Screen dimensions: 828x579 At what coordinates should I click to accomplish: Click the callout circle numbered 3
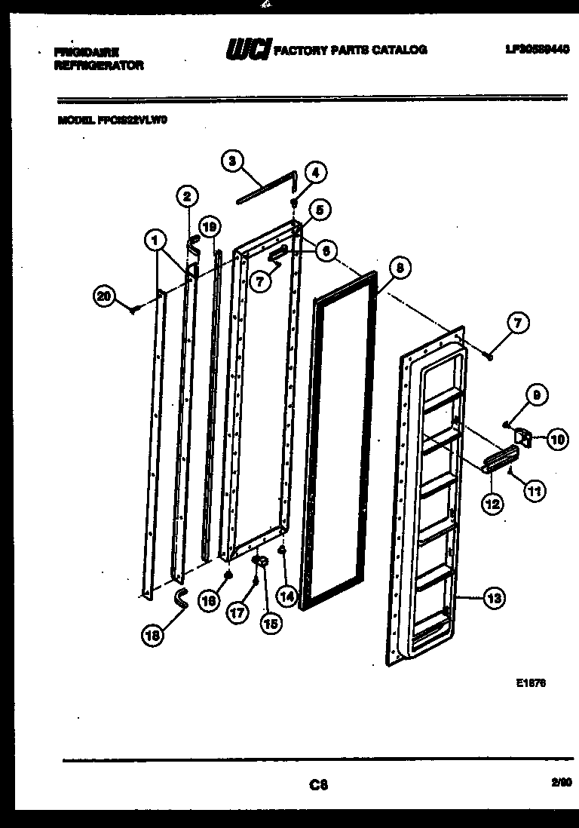[232, 160]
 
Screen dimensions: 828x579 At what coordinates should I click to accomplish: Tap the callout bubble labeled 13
[494, 599]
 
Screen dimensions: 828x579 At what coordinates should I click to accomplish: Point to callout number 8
[400, 267]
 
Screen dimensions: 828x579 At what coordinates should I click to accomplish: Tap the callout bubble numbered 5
[319, 210]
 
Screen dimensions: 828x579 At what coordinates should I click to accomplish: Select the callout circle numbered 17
[238, 613]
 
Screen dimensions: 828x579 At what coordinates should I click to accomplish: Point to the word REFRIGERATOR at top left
[98, 66]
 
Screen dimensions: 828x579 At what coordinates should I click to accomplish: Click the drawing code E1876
[531, 683]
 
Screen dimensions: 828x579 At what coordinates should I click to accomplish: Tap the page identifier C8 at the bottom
[319, 784]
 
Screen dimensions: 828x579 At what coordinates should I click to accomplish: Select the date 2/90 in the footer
[560, 784]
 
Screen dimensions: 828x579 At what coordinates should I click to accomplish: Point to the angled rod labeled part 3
[268, 188]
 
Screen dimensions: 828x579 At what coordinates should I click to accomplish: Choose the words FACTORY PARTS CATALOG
[350, 51]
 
